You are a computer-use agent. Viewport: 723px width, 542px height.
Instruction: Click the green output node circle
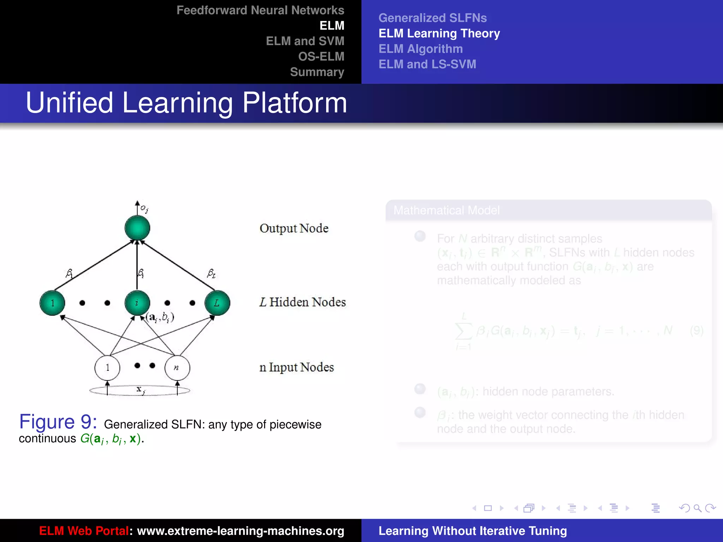137,228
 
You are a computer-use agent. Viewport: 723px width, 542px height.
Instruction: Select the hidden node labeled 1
52,303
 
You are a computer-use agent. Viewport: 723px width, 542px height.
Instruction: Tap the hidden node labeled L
217,303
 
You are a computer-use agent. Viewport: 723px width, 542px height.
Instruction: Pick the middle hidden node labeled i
137,303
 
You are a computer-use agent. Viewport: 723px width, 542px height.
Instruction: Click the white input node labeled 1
107,368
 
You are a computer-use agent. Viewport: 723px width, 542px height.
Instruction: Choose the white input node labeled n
177,368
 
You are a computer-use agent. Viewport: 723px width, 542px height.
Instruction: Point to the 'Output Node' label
294,228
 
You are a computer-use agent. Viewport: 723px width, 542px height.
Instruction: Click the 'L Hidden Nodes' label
302,302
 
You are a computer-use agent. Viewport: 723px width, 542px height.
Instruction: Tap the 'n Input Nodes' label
296,367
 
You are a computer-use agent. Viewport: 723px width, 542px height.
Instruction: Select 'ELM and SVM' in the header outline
305,41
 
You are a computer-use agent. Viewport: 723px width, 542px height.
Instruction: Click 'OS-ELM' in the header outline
321,56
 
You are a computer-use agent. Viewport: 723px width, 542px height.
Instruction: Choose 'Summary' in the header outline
317,72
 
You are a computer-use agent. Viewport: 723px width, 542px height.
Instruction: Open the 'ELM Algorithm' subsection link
420,49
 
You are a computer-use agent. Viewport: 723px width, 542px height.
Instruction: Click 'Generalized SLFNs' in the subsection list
432,18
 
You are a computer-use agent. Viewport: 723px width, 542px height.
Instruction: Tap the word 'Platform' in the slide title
294,103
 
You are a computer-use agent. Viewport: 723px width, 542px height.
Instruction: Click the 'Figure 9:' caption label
58,421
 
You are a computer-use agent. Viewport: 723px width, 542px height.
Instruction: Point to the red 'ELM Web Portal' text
84,531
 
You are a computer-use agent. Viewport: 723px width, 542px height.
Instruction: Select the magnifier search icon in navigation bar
697,508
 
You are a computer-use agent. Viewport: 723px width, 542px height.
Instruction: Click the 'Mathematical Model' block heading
447,210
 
